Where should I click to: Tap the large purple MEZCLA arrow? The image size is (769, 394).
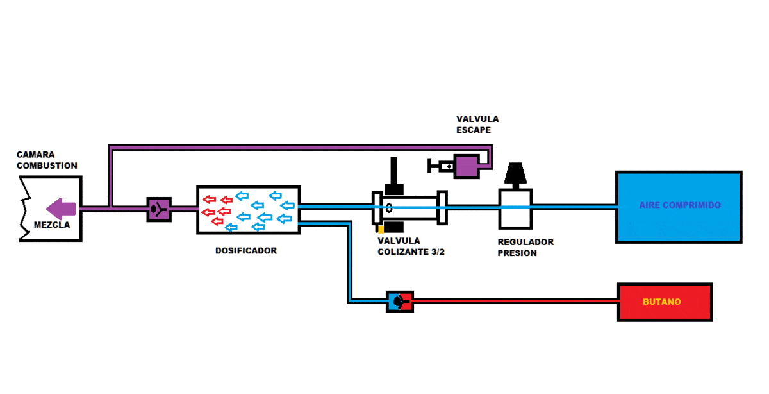pos(62,209)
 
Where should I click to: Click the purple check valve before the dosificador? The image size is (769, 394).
pos(158,209)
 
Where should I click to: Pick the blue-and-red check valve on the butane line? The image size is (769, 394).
pos(400,301)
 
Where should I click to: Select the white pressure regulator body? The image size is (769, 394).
pos(515,209)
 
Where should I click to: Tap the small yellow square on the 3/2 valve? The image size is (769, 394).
pos(380,228)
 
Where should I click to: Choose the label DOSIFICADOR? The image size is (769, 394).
pos(246,251)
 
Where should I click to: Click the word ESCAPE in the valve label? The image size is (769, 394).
pos(474,130)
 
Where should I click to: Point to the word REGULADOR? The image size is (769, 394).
pos(525,243)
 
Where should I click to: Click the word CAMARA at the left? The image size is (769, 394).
pos(36,155)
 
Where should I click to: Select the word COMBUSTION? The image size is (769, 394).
pos(47,166)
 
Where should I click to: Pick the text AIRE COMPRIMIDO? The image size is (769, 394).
pos(680,205)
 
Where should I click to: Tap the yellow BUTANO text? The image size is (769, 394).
pos(661,302)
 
